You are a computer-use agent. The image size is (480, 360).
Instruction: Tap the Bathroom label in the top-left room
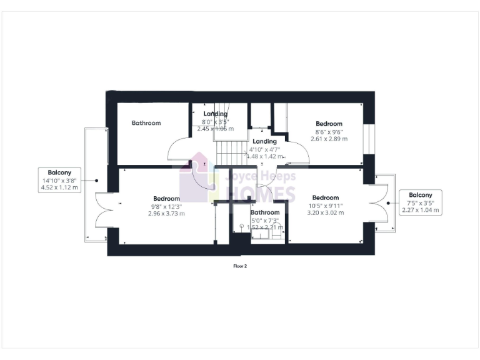pos(146,123)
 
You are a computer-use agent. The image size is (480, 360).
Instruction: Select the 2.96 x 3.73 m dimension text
pos(166,213)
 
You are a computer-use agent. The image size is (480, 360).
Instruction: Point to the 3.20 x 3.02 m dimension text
pos(325,212)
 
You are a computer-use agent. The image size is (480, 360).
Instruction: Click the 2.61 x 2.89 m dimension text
pos(329,138)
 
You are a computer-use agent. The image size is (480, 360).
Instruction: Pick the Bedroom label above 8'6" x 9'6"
pos(329,124)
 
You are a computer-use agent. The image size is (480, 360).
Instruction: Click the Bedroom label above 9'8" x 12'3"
pos(166,199)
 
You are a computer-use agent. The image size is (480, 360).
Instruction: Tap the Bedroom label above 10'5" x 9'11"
pos(325,197)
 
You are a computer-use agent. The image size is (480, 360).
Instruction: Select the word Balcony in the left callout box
pos(59,172)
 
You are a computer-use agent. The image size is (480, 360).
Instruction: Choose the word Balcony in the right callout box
pos(421,195)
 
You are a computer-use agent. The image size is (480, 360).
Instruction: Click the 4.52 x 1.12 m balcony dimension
pos(59,187)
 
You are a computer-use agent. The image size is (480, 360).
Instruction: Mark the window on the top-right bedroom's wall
pos(368,137)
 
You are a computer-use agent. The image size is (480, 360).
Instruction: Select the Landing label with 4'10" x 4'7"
pos(264,142)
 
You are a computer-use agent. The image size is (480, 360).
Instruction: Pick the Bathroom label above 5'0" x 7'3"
pos(265,212)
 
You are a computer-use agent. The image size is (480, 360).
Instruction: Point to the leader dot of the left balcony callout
pos(96,180)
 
